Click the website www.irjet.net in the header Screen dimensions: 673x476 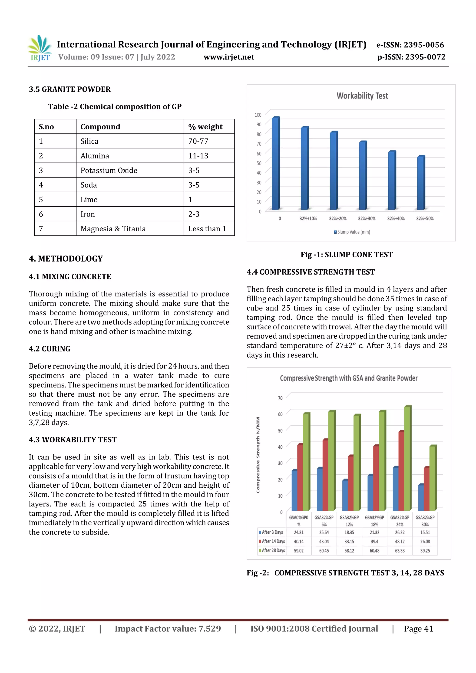(229, 57)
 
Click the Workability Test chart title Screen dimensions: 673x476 (362, 96)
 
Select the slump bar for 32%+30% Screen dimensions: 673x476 (363, 176)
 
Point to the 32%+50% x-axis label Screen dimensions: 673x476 (424, 219)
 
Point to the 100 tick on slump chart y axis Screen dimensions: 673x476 (258, 115)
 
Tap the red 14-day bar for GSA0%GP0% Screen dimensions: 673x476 (300, 478)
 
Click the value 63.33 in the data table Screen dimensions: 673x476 (400, 551)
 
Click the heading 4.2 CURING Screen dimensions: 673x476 (50, 349)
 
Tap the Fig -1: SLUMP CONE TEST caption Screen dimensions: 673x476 (346, 254)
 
